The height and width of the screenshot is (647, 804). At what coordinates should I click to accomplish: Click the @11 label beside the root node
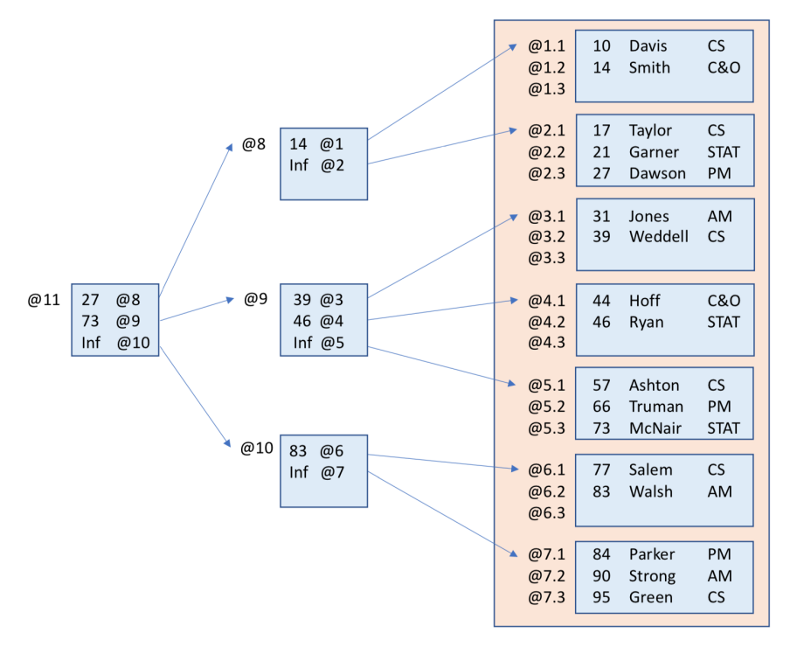click(x=44, y=300)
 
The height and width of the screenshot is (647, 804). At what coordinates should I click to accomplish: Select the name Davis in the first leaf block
click(x=648, y=46)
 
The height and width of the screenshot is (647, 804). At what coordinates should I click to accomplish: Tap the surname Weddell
click(x=658, y=237)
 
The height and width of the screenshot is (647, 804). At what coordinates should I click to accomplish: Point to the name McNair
click(x=655, y=428)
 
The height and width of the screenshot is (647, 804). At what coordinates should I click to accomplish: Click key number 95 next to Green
click(x=601, y=598)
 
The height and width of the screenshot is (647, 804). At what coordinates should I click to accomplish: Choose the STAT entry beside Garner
click(x=724, y=152)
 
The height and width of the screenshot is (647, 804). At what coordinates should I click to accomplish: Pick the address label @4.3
click(x=546, y=343)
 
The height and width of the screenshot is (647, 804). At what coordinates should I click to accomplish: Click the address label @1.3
click(x=546, y=88)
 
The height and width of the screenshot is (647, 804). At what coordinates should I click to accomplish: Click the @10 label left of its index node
click(x=257, y=449)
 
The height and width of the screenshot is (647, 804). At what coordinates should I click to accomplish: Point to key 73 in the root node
click(x=91, y=320)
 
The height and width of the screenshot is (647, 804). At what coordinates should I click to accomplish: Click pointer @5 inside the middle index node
click(x=331, y=342)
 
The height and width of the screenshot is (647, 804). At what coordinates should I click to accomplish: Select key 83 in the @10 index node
click(x=298, y=451)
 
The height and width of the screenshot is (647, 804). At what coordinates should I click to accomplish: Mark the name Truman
click(x=655, y=407)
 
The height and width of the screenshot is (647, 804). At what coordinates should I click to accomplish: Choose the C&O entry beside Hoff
click(x=724, y=301)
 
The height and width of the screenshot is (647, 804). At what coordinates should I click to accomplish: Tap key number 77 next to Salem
click(x=601, y=470)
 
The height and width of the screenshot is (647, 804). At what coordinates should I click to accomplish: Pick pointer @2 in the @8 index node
click(x=331, y=164)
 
